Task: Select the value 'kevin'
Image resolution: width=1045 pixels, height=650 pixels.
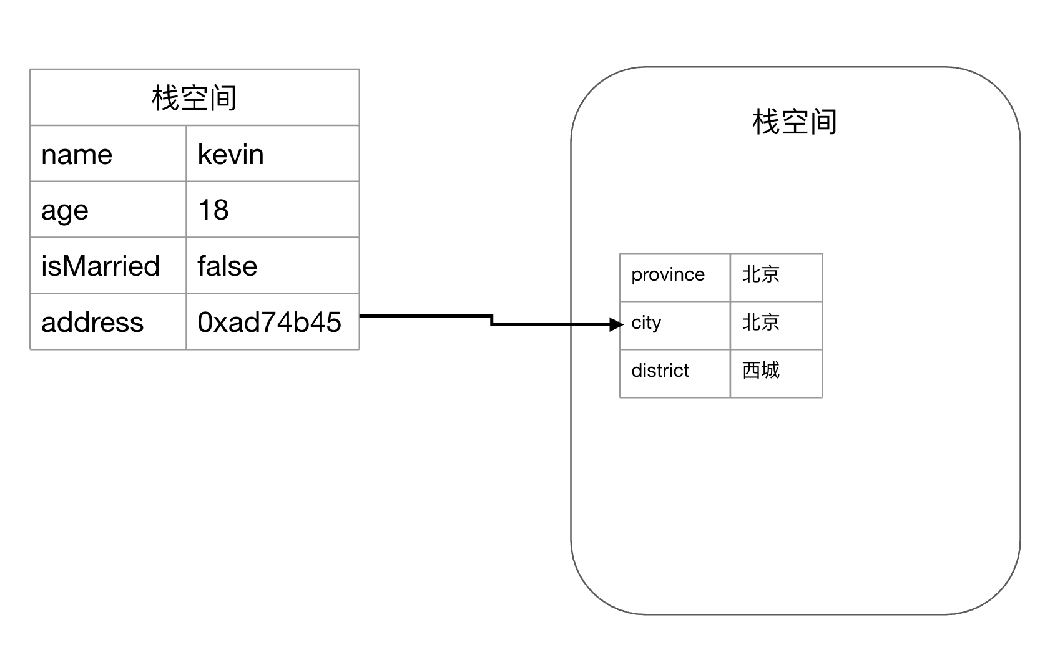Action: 230,154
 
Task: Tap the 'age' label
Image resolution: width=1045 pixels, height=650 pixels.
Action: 65,210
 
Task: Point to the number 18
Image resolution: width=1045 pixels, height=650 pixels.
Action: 213,210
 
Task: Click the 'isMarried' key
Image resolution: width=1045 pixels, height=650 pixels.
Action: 101,266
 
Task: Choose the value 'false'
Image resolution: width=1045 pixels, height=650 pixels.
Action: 227,266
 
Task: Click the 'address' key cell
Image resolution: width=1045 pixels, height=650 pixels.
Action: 92,322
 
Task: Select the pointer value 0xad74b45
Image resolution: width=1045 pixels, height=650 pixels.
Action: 269,322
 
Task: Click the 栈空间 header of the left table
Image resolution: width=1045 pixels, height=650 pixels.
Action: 194,98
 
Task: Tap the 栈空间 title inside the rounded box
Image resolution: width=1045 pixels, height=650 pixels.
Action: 794,122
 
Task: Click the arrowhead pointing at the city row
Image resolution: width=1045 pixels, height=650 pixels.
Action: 617,324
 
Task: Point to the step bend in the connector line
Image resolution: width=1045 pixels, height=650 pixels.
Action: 492,320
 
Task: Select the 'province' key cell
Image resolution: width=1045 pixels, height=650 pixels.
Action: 668,274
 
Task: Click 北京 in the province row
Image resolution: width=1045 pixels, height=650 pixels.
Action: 760,274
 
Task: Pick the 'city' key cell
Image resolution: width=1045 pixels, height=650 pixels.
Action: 646,323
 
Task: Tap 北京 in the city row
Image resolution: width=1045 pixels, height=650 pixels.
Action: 760,323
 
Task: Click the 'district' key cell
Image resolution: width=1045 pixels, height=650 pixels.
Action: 660,371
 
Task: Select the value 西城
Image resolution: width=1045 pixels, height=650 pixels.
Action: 760,371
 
